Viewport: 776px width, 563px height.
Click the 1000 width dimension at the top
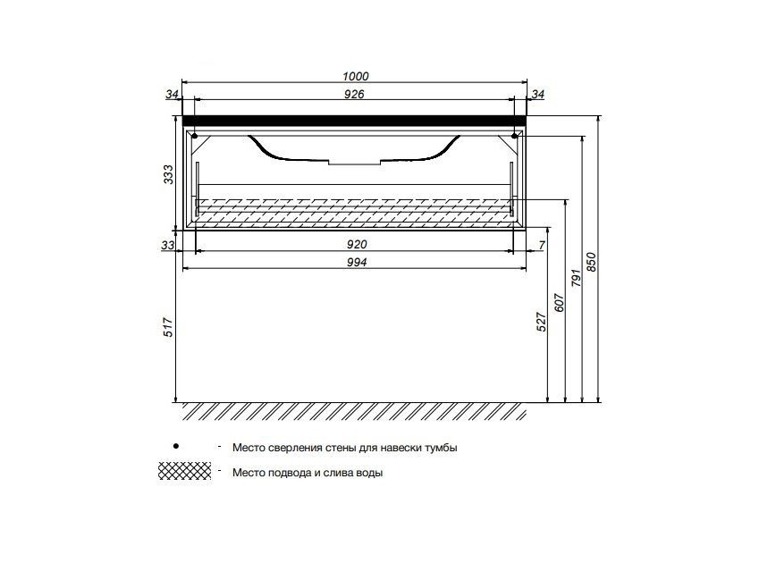click(355, 76)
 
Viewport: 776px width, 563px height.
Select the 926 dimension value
click(354, 94)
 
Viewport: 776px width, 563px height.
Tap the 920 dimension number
click(357, 244)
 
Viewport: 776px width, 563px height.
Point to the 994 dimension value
click(357, 262)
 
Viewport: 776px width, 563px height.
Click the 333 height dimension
click(169, 174)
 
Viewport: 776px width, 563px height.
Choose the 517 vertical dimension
click(169, 327)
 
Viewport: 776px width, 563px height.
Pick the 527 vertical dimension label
click(542, 322)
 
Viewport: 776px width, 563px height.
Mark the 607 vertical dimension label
click(559, 302)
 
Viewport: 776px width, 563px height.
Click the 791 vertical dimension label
click(576, 278)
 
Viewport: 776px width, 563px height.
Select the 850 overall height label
click(592, 262)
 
